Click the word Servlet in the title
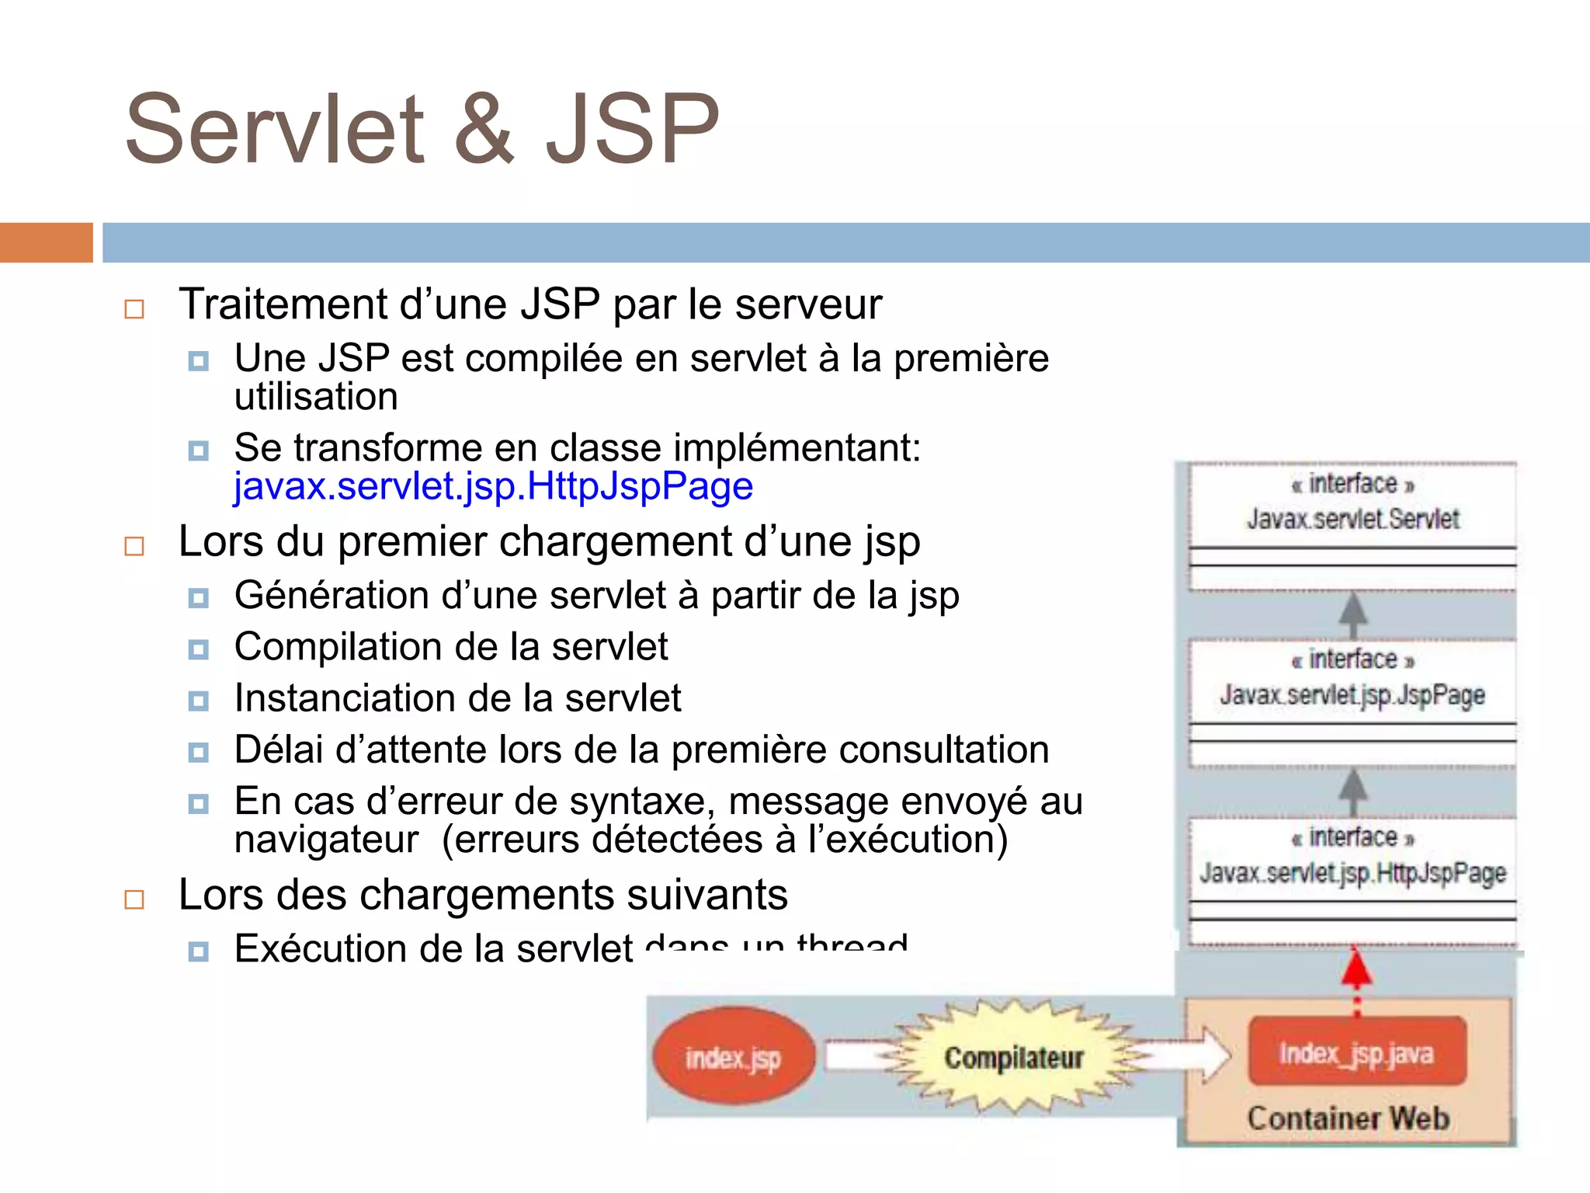[x=276, y=130]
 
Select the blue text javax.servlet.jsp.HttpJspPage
[x=493, y=487]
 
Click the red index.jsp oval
[x=733, y=1058]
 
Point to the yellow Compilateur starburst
[x=1013, y=1058]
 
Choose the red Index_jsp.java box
[x=1356, y=1053]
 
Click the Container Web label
[x=1349, y=1118]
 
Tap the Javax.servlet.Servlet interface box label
[x=1353, y=519]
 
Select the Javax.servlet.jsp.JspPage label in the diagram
[x=1352, y=695]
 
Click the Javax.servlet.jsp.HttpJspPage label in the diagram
[x=1352, y=873]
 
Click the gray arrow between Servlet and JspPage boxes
[x=1353, y=615]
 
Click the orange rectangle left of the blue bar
[x=47, y=242]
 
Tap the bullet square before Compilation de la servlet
[x=199, y=649]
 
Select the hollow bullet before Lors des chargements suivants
[x=134, y=899]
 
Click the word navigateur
[x=326, y=840]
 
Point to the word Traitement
[x=283, y=304]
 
